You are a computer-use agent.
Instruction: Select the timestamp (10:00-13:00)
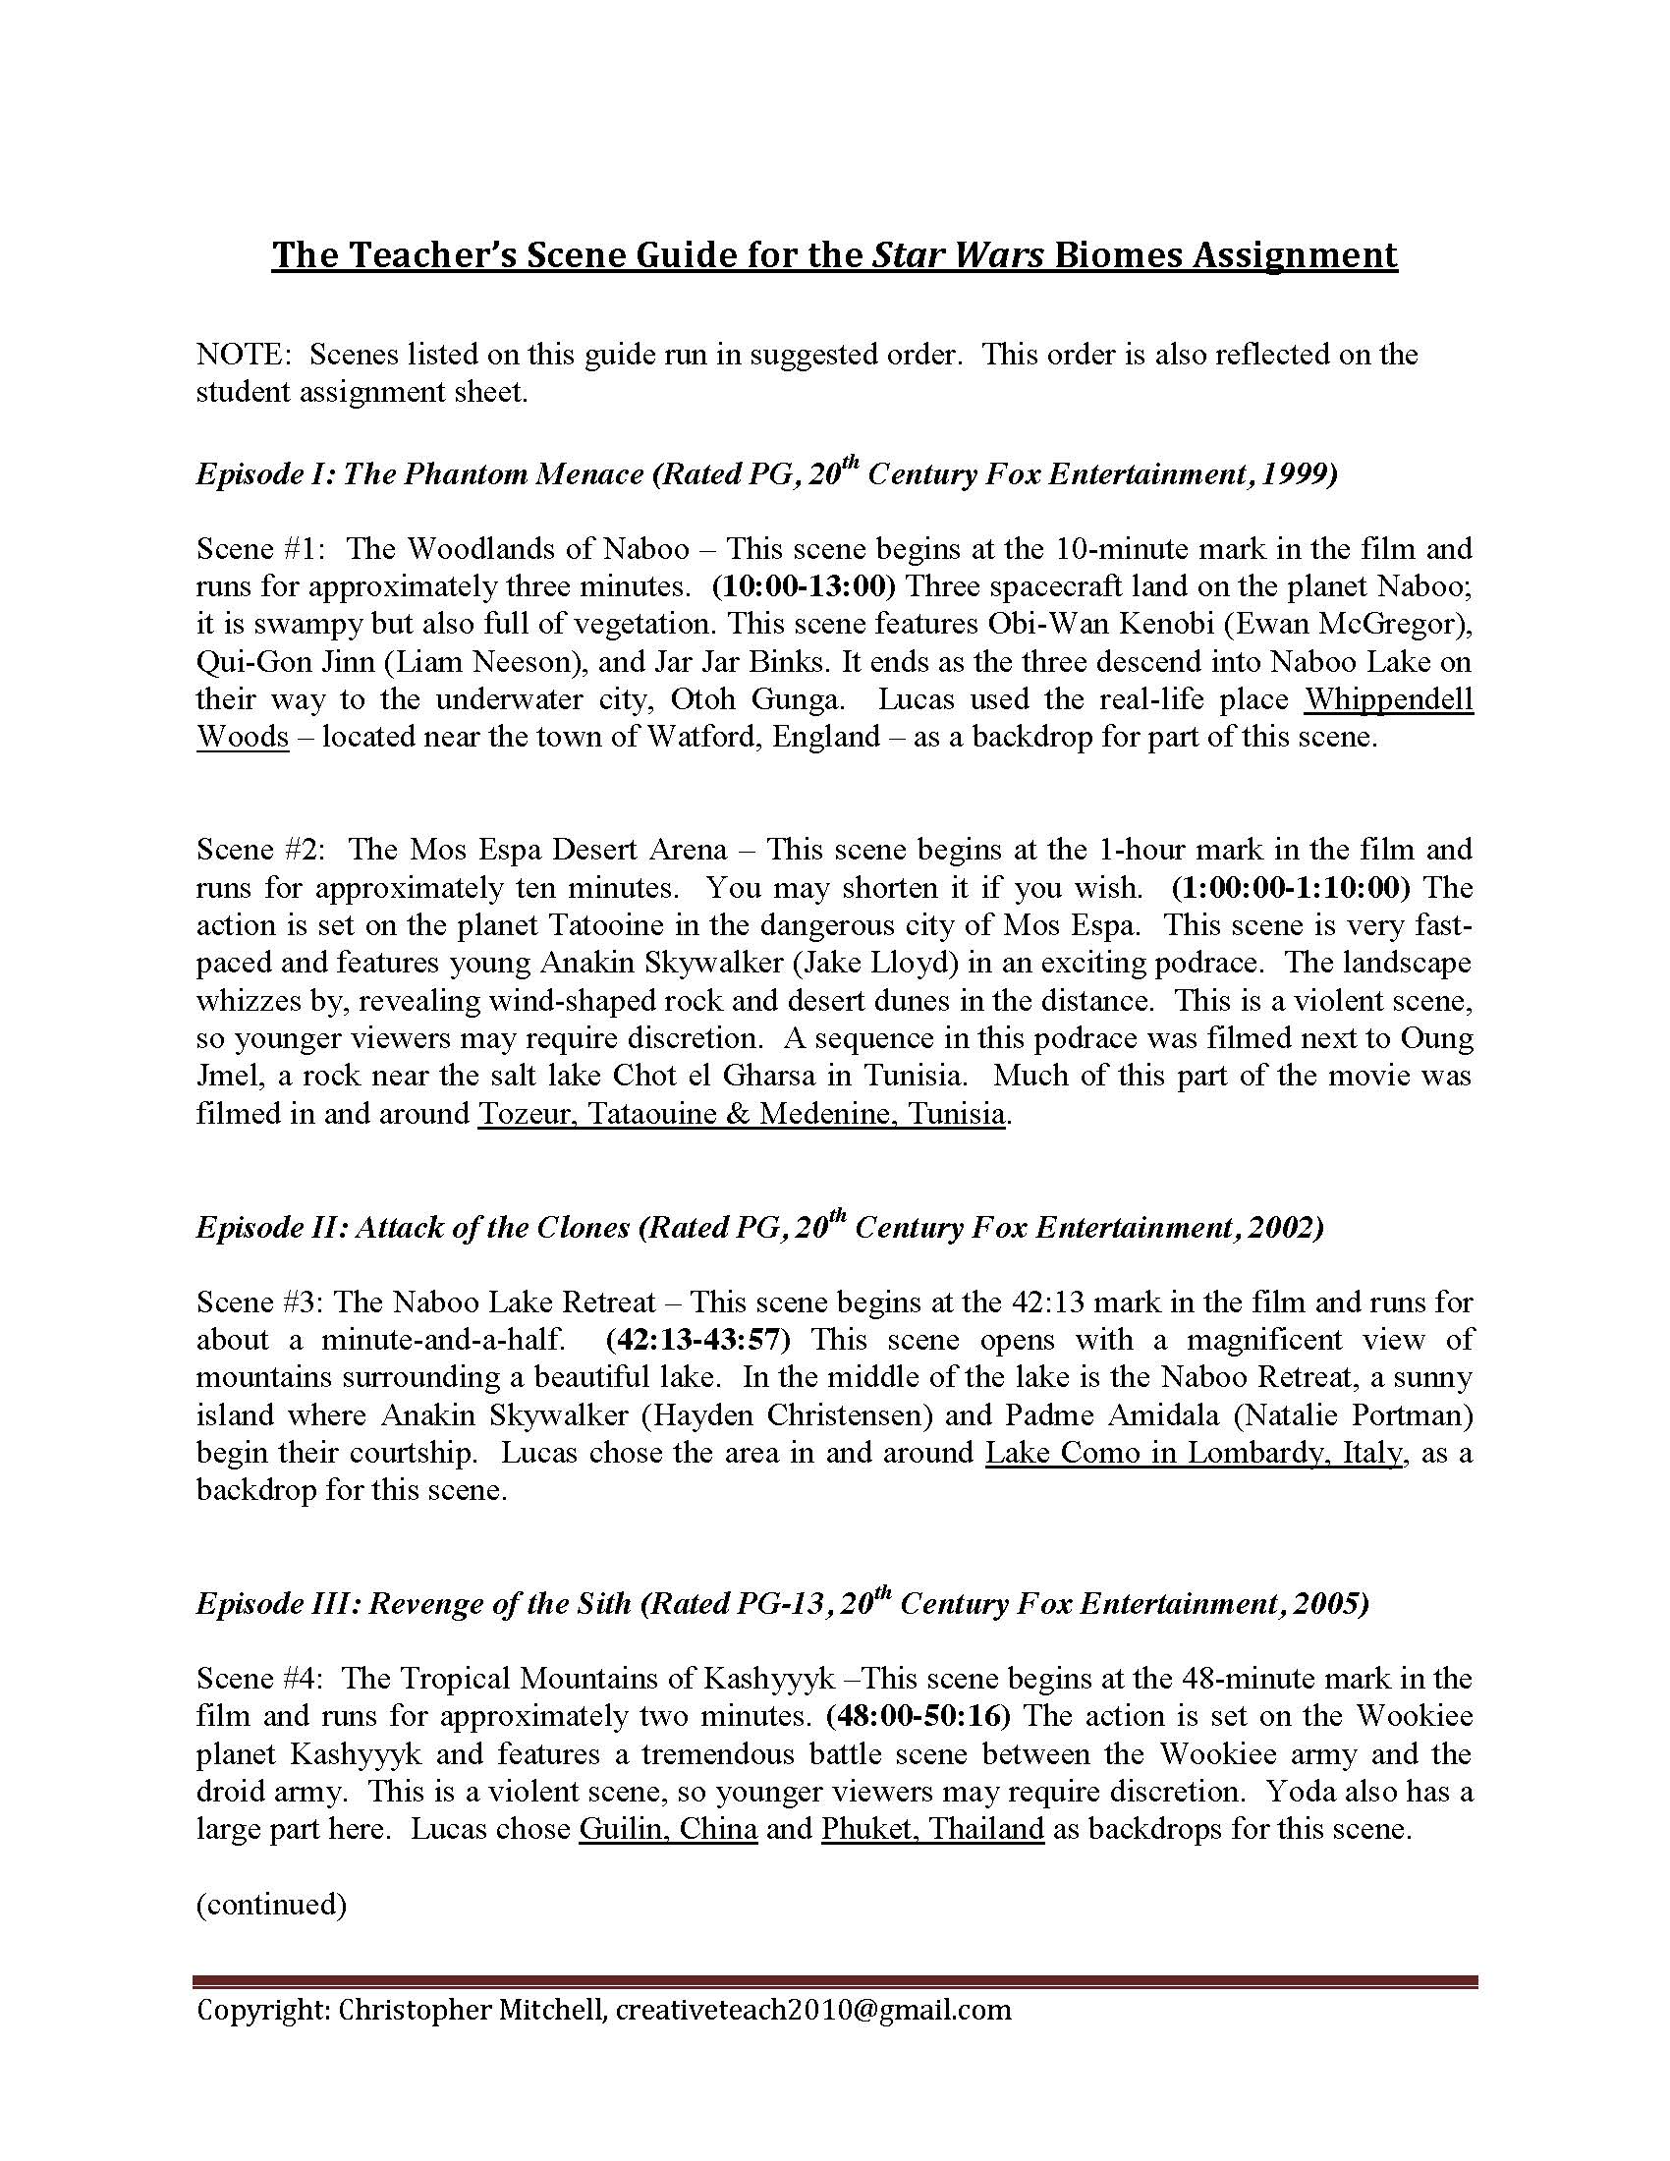coord(804,586)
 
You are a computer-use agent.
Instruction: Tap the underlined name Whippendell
coord(1388,699)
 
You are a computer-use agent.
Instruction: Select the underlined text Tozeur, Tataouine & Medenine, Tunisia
coord(742,1114)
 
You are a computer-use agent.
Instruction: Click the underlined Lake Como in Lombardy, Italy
coord(1195,1453)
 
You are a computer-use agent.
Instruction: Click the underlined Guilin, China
coord(669,1829)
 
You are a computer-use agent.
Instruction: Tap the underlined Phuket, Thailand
coord(932,1829)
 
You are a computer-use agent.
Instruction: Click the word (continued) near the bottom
coord(271,1904)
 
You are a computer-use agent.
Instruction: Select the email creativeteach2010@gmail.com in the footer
coord(813,2010)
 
